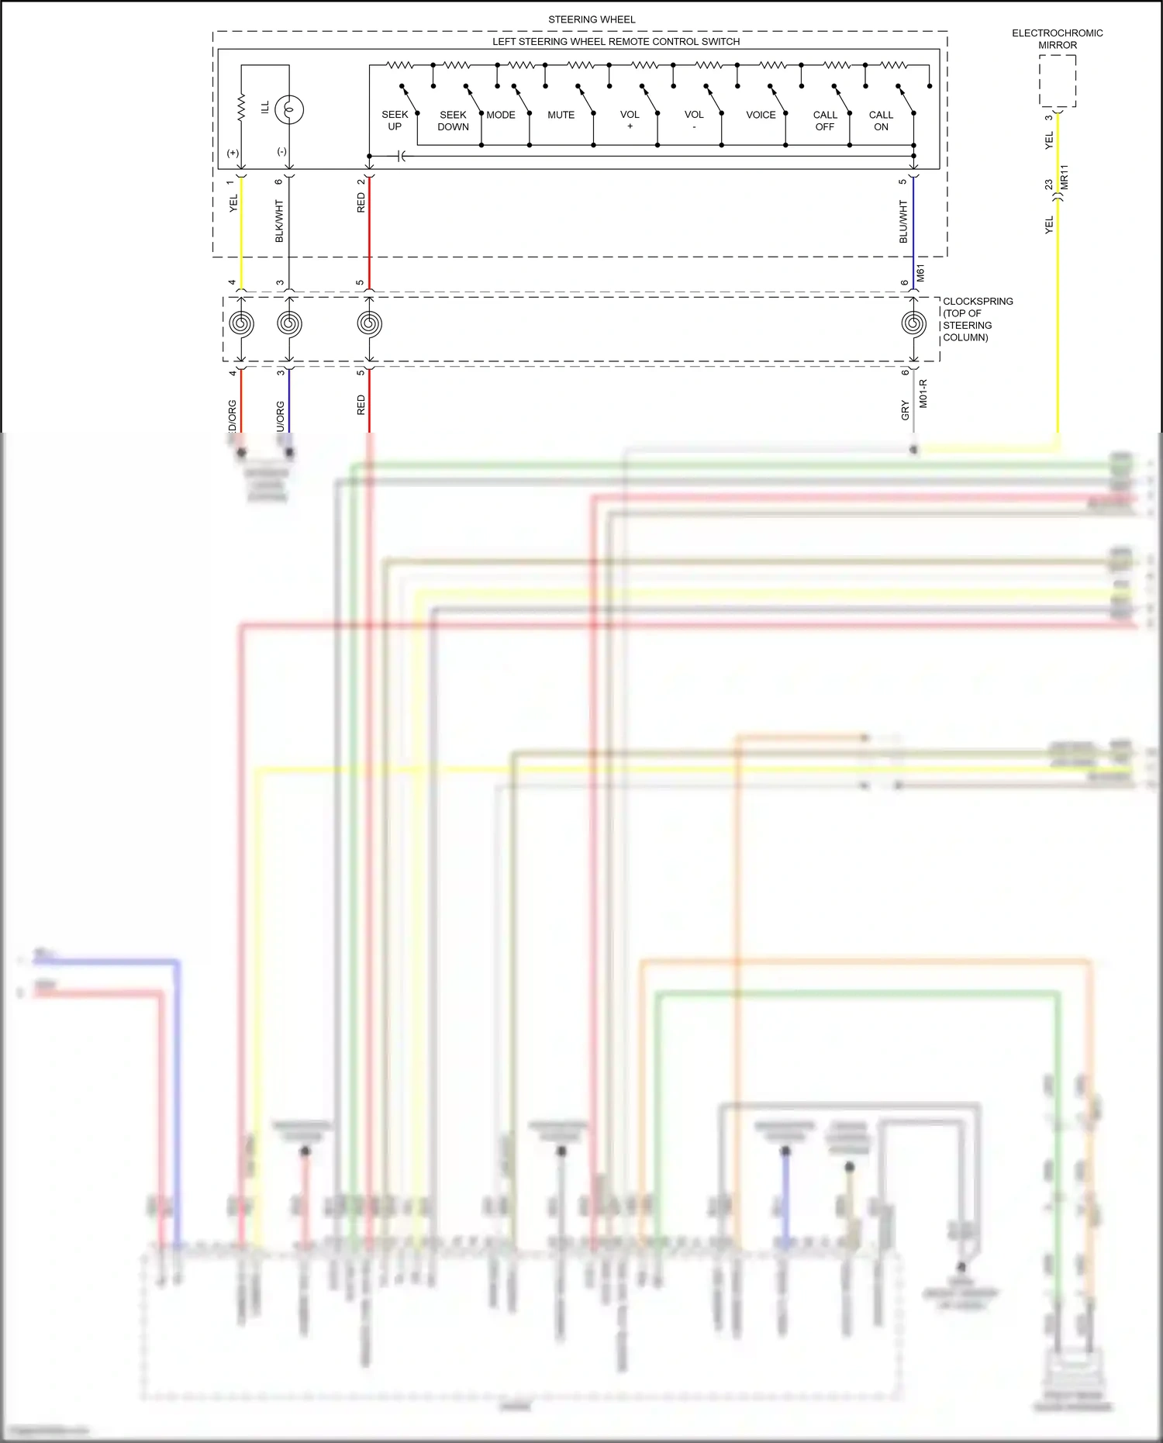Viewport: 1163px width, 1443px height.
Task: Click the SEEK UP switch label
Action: coord(395,120)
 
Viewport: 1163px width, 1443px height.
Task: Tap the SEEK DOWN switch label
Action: coord(453,120)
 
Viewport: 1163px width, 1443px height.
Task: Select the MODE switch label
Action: coord(501,115)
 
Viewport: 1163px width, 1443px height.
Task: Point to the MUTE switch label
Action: coord(561,115)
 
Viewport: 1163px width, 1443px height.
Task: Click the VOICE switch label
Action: coord(761,115)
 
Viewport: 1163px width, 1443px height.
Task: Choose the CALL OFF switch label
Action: coord(825,120)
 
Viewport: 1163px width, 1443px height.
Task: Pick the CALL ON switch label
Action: coord(881,120)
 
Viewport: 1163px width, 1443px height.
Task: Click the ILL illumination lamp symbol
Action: coord(289,109)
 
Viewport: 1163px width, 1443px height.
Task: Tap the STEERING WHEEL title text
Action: coord(592,19)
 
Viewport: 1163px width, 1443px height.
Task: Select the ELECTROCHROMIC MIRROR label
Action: coord(1057,39)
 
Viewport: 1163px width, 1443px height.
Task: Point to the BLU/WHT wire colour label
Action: coord(903,221)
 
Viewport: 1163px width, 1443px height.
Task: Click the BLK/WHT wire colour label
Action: coord(279,221)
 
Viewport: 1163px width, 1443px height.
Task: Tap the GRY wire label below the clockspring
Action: coord(905,410)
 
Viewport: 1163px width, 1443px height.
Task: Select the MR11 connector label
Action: coord(1065,177)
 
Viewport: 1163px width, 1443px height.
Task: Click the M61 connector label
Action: coord(920,273)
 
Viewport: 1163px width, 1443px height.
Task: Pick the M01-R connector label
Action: coord(923,393)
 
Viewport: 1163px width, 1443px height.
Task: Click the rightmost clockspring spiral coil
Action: coord(913,323)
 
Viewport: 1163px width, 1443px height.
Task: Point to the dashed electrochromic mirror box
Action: coord(1058,81)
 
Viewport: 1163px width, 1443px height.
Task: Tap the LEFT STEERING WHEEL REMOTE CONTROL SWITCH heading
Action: coord(616,41)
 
